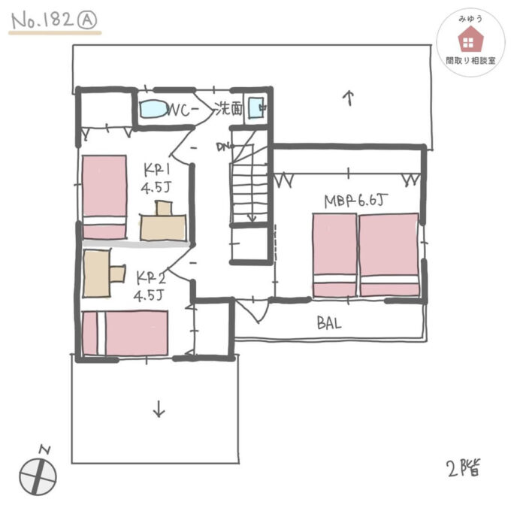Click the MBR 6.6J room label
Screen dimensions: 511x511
pyautogui.click(x=356, y=201)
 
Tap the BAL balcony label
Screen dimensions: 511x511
pyautogui.click(x=329, y=323)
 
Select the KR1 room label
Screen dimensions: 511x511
pyautogui.click(x=157, y=169)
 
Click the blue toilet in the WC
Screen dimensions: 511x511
pyautogui.click(x=154, y=109)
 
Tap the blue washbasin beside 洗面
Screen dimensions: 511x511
pyautogui.click(x=256, y=108)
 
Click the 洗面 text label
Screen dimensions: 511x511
pyautogui.click(x=229, y=109)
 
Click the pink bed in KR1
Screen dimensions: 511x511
pyautogui.click(x=104, y=197)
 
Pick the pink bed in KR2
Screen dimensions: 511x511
pyautogui.click(x=125, y=333)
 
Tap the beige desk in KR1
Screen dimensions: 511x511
pyautogui.click(x=163, y=221)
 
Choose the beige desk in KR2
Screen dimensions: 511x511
pyautogui.click(x=104, y=274)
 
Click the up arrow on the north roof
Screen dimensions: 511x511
pyautogui.click(x=349, y=98)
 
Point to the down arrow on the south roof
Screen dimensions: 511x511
pyautogui.click(x=159, y=409)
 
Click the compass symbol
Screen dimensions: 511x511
pyautogui.click(x=38, y=472)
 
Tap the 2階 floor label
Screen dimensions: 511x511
pyautogui.click(x=464, y=468)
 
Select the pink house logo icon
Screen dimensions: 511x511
pyautogui.click(x=470, y=39)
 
